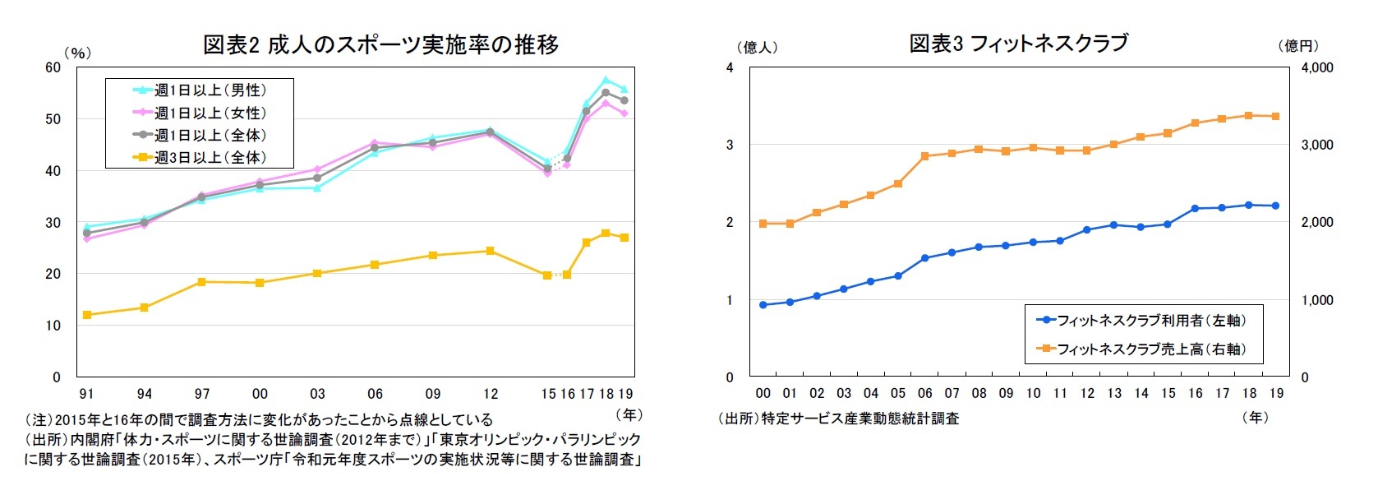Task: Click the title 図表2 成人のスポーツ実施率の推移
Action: coord(380,44)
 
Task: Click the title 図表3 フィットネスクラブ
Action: coord(1018,43)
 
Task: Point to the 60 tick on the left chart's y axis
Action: coord(53,67)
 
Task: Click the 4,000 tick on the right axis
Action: coord(1317,67)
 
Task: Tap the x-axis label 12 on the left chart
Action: coord(491,394)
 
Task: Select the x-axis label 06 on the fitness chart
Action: coord(925,393)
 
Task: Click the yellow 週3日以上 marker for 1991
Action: coord(87,315)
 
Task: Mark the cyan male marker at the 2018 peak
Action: coord(606,80)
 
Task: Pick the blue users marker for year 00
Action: coord(763,305)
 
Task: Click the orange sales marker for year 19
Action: coord(1276,117)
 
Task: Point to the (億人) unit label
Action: coord(757,47)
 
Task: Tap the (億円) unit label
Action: coord(1298,46)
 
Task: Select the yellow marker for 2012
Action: coord(491,251)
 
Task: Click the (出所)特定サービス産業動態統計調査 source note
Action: coord(838,419)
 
